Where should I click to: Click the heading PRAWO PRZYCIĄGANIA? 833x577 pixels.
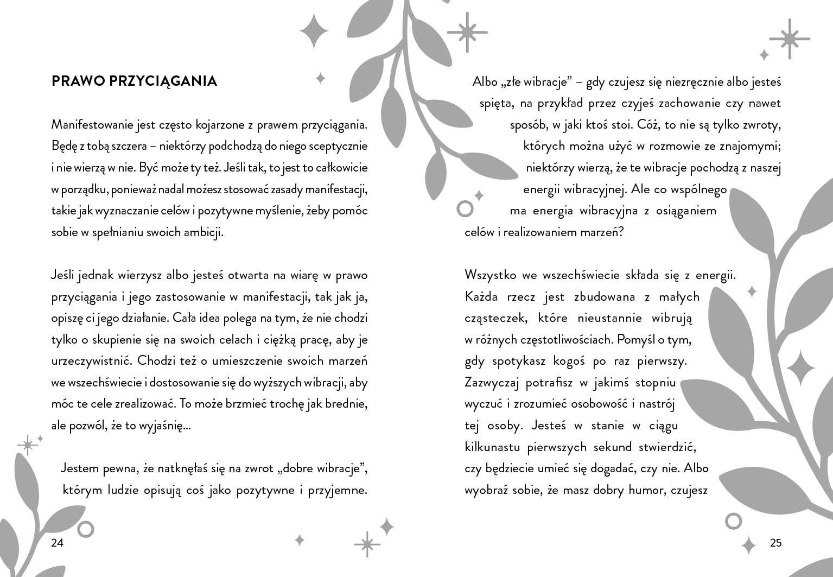pos(134,81)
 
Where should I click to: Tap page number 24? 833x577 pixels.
pos(58,543)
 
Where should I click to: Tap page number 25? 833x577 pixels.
pos(775,543)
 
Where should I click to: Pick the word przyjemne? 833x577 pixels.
pos(338,490)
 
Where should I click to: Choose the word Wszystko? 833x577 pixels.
pos(489,275)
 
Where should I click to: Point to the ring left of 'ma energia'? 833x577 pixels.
pos(465,208)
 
